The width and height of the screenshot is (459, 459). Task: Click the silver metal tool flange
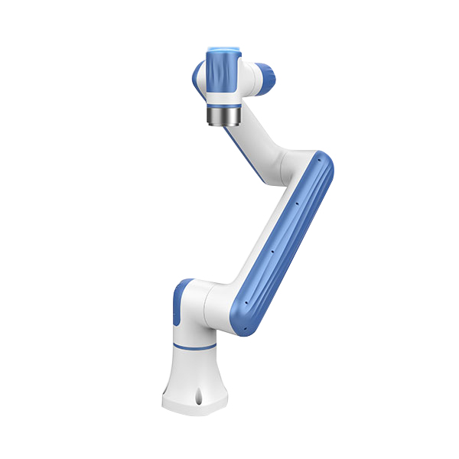point(223,116)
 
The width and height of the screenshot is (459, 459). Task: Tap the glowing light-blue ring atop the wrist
point(221,49)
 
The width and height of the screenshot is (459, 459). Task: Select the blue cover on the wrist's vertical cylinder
point(221,73)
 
